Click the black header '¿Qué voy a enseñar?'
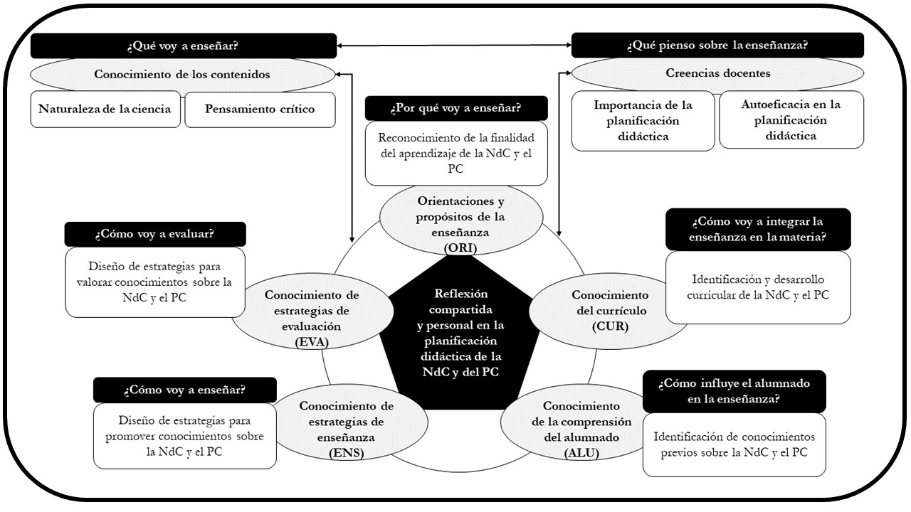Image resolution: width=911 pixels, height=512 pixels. pyautogui.click(x=183, y=47)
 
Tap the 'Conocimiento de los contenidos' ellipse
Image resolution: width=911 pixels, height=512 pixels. pyautogui.click(x=183, y=73)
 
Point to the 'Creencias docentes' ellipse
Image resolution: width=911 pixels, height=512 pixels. pyautogui.click(x=717, y=73)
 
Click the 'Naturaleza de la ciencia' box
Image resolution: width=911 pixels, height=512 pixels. pyautogui.click(x=105, y=110)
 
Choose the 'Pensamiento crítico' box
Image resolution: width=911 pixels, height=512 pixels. pyautogui.click(x=260, y=110)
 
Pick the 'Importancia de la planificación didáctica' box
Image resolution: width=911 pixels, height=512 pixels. pyautogui.click(x=643, y=120)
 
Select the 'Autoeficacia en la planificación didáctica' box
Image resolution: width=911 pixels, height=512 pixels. pyautogui.click(x=791, y=119)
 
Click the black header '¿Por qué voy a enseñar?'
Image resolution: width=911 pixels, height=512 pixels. pyautogui.click(x=456, y=108)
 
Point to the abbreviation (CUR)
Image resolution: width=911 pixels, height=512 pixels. pyautogui.click(x=610, y=326)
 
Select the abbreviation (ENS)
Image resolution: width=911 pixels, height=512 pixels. pyautogui.click(x=347, y=452)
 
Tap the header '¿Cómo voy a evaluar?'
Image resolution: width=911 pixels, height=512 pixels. pyautogui.click(x=155, y=235)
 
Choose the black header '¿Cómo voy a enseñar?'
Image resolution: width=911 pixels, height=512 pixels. pyautogui.click(x=185, y=390)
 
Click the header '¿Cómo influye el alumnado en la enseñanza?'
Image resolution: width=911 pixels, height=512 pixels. pyautogui.click(x=734, y=391)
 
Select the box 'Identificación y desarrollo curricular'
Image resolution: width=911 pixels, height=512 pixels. pyautogui.click(x=758, y=287)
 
